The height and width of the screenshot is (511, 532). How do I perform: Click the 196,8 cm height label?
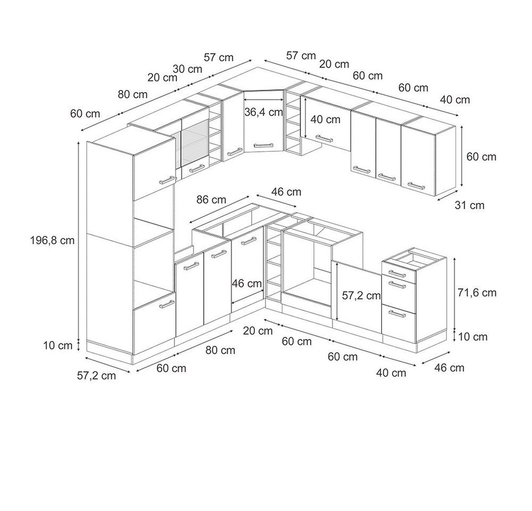tap(52, 241)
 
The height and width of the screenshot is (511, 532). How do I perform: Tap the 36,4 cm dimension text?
tap(264, 112)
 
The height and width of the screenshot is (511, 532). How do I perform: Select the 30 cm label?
tap(187, 69)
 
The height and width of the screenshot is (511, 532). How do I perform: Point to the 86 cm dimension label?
tap(211, 199)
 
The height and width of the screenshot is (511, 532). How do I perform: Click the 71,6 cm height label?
tap(477, 293)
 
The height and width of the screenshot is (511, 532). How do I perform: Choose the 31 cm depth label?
tap(469, 205)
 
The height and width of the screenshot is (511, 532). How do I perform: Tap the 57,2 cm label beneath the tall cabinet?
tap(96, 375)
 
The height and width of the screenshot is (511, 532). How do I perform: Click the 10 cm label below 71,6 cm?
tap(472, 337)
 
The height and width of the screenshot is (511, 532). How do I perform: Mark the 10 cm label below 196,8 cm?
tap(57, 345)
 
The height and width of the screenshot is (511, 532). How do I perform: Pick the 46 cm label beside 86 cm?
tap(286, 192)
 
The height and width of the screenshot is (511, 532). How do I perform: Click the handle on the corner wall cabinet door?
tap(263, 145)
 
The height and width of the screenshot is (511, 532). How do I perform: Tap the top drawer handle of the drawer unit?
tap(397, 273)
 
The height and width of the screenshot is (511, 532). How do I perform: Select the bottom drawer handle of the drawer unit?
tap(397, 314)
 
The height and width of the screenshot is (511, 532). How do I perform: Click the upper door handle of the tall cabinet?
tap(167, 180)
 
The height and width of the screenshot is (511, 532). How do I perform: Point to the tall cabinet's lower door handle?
tap(167, 304)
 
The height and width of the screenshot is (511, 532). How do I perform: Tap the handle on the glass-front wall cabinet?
tap(196, 168)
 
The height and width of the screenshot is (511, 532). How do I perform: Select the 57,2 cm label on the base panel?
tap(361, 295)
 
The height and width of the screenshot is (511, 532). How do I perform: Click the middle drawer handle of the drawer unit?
tap(397, 285)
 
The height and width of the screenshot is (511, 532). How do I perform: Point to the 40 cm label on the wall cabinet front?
tap(325, 120)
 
